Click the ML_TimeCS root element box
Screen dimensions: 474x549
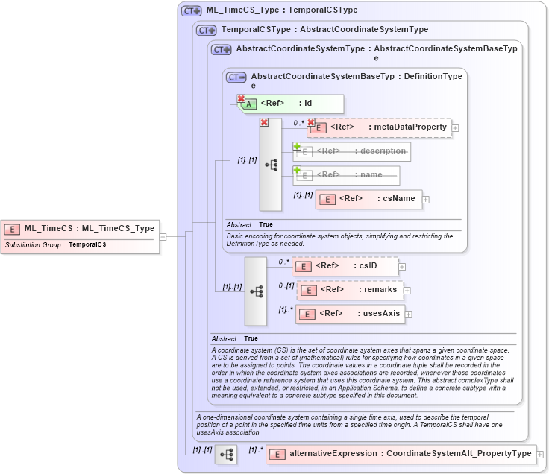point(81,229)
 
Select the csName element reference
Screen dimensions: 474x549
point(368,198)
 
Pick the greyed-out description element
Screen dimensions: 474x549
point(352,151)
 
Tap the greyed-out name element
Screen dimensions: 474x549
point(348,175)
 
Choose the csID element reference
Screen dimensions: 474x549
point(345,265)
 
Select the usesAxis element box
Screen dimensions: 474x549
point(351,314)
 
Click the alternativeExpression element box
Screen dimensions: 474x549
point(401,453)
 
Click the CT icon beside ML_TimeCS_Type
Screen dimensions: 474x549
point(191,11)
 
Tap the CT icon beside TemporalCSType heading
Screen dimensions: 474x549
point(206,30)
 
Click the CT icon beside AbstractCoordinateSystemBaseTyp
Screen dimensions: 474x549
point(236,77)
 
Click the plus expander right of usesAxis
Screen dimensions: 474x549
point(409,315)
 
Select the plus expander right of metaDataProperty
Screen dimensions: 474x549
point(455,128)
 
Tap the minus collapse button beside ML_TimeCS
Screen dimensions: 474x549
point(163,236)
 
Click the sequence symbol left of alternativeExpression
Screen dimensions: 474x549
point(226,454)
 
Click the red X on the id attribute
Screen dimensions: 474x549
point(241,98)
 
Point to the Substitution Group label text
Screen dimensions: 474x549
point(33,244)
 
